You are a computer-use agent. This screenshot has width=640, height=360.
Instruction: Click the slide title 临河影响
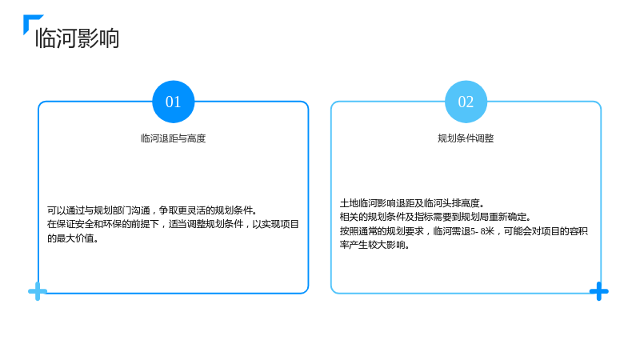pyautogui.click(x=77, y=38)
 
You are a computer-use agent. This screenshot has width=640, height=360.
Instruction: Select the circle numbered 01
pyautogui.click(x=173, y=102)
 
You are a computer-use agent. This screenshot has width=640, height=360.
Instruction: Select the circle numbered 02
pyautogui.click(x=466, y=102)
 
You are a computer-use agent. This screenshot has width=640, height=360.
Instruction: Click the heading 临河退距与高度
pyautogui.click(x=173, y=138)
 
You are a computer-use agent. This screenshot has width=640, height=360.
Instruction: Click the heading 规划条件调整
pyautogui.click(x=466, y=138)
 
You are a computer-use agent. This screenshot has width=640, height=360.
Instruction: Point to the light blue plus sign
pyautogui.click(x=38, y=291)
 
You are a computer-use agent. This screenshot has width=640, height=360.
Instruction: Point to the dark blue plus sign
pyautogui.click(x=598, y=291)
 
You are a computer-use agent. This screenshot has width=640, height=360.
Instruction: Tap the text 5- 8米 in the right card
pyautogui.click(x=482, y=231)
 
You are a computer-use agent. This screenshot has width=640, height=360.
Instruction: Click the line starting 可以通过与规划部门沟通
pyautogui.click(x=153, y=210)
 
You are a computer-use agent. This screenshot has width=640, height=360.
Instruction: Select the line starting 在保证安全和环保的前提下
pyautogui.click(x=173, y=224)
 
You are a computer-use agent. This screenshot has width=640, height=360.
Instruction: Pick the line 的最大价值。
pyautogui.click(x=73, y=238)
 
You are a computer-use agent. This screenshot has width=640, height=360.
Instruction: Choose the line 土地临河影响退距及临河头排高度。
pyautogui.click(x=412, y=203)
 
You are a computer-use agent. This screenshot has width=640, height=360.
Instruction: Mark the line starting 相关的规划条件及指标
pyautogui.click(x=435, y=217)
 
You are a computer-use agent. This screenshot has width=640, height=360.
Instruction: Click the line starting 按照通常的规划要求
pyautogui.click(x=464, y=231)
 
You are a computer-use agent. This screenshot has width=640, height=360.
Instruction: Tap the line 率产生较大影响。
pyautogui.click(x=374, y=245)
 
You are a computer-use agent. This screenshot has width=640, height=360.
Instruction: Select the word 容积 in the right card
pyautogui.click(x=578, y=231)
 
